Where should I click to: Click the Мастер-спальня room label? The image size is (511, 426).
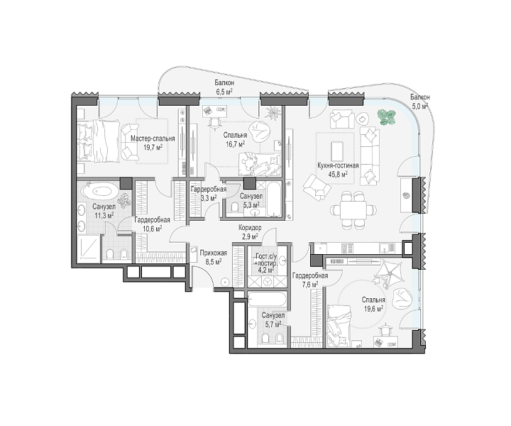[x=153, y=138]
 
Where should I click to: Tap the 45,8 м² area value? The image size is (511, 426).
[x=338, y=174]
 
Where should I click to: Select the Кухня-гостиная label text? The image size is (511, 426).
[x=338, y=165]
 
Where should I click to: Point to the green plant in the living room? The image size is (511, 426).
[x=387, y=117]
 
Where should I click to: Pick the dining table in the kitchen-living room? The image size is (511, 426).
[x=353, y=209]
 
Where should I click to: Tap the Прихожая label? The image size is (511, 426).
[x=214, y=253]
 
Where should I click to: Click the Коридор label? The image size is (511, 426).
[x=250, y=228]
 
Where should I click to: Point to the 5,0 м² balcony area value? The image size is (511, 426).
[x=419, y=106]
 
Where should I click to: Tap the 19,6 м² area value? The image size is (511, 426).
[x=373, y=308]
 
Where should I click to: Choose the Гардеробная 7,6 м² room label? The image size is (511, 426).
[x=310, y=280]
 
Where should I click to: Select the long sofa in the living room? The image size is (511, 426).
[x=370, y=156]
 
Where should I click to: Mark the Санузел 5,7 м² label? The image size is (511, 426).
[x=273, y=319]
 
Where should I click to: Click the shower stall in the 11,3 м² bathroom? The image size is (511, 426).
[x=89, y=248]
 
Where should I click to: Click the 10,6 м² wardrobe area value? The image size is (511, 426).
[x=152, y=228]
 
